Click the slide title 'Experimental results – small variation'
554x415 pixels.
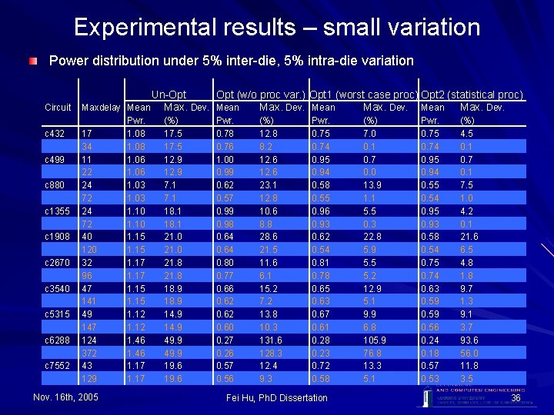coord(277,28)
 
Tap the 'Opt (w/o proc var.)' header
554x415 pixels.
coord(262,95)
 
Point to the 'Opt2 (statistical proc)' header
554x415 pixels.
coord(472,95)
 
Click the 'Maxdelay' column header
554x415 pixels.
coord(102,108)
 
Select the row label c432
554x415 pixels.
coord(56,133)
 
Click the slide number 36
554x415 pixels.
coord(516,397)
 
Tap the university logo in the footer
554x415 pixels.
coord(427,396)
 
